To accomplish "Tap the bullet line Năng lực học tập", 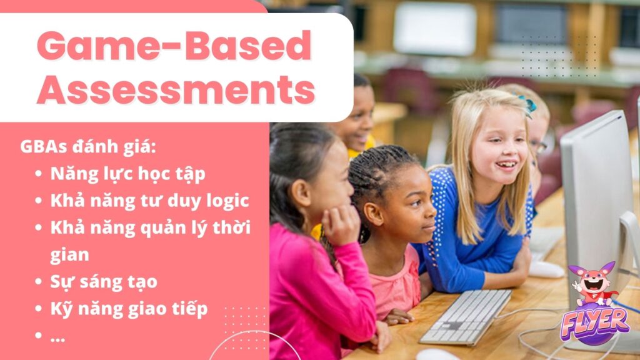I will (127, 174).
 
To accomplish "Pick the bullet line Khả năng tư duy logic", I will (150, 201).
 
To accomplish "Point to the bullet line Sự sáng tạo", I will (104, 281).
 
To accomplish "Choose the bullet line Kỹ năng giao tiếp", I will (129, 308).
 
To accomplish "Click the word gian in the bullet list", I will (69, 254).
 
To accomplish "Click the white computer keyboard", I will (466, 316).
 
